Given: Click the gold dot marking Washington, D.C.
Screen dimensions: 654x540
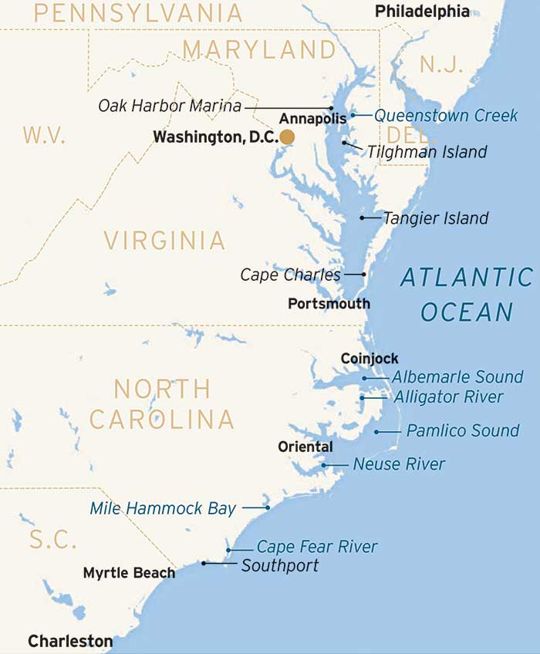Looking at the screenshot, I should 287,137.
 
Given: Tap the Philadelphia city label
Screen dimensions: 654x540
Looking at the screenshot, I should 421,11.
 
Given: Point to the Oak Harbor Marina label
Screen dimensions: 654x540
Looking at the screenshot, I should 170,106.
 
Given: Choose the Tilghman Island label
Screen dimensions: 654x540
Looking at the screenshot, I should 427,152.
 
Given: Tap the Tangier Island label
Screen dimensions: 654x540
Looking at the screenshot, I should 435,218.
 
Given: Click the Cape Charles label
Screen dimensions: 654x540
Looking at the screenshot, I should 290,275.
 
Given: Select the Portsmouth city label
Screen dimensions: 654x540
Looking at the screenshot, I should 329,304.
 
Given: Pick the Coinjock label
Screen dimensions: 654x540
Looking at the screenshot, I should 370,359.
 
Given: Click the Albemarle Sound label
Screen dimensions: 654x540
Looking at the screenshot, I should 457,378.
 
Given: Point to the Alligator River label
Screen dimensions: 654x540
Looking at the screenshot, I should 448,397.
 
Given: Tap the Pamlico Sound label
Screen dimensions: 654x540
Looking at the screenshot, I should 463,430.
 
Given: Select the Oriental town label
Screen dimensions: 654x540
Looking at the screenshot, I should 305,447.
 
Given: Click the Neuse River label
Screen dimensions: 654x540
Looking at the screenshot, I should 399,464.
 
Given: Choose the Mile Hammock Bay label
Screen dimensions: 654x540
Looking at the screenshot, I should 163,508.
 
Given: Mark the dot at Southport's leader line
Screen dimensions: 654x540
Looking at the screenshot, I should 204,563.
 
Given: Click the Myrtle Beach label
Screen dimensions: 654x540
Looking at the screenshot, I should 129,573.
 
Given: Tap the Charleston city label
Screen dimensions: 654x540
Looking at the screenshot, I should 70,641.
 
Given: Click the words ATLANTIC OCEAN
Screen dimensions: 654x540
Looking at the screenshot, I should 466,294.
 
